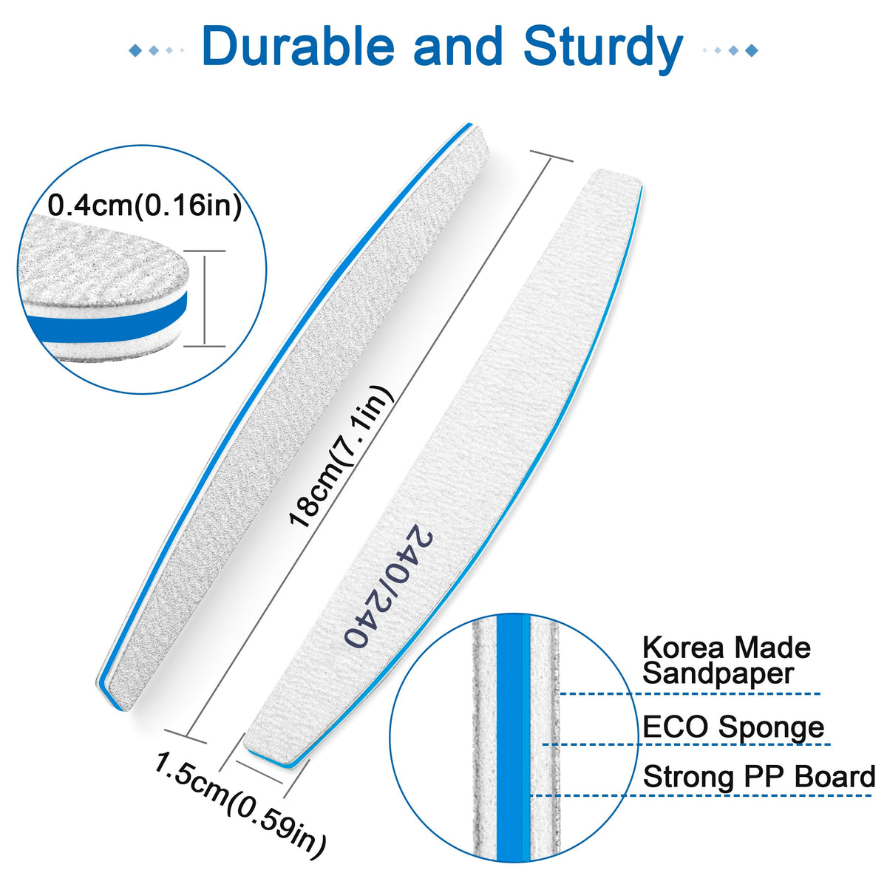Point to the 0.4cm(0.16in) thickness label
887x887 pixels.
tap(145, 205)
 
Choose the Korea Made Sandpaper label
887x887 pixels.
tap(726, 660)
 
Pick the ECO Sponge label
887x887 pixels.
tap(733, 727)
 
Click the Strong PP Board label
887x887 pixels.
tap(758, 777)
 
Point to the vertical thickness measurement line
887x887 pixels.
tap(205, 299)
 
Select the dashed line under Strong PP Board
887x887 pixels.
tap(701, 795)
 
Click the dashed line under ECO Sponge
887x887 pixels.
tap(686, 744)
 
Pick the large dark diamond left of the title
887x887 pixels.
tap(135, 50)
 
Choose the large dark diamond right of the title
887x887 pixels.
tap(751, 50)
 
